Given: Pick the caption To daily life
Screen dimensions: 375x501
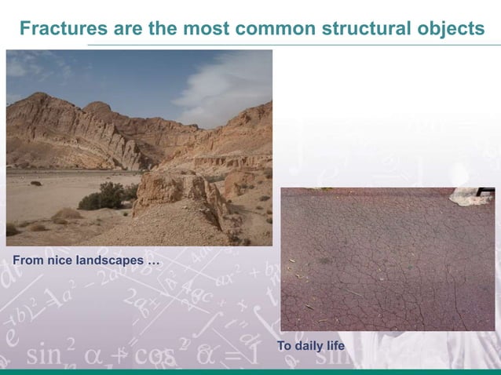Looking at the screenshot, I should coord(311,346).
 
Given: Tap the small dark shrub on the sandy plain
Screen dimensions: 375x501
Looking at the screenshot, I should coord(36,184).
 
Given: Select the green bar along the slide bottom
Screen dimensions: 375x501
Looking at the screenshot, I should coord(251,371).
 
